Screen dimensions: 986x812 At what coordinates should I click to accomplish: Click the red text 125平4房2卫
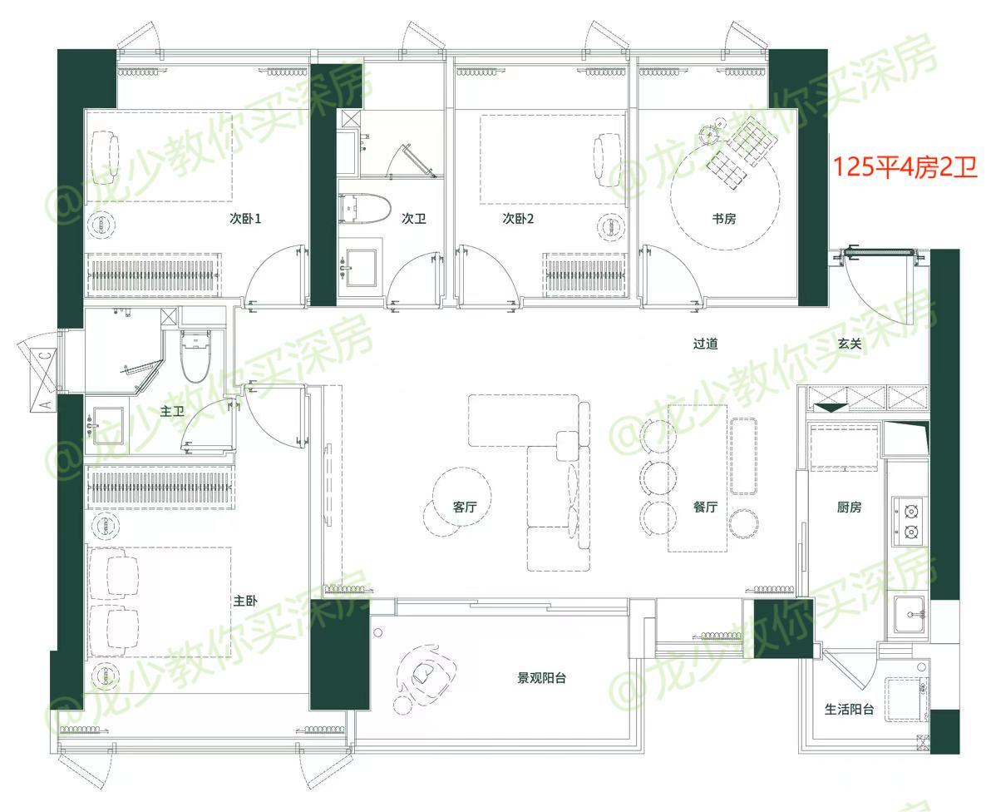[905, 167]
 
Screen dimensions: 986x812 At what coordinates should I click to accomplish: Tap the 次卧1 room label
[244, 219]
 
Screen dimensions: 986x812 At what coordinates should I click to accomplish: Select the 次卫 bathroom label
[414, 219]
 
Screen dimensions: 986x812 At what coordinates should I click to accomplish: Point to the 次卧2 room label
[518, 219]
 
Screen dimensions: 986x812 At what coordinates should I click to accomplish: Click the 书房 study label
[724, 219]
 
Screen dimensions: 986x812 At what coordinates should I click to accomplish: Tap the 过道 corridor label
[705, 344]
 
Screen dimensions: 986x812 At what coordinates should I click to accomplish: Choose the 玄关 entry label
[850, 344]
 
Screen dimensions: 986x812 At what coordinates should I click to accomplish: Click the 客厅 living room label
[465, 507]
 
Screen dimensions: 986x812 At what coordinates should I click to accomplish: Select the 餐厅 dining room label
[705, 507]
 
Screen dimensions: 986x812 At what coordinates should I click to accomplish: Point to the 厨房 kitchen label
[849, 507]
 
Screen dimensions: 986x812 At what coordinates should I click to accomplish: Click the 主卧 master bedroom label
[245, 602]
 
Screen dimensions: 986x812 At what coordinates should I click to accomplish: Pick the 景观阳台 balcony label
[541, 678]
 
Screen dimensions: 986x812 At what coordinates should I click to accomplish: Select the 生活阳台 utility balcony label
[849, 710]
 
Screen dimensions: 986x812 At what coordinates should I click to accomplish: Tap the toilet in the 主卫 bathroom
[195, 355]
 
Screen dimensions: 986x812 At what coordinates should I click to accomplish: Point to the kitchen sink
[910, 614]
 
